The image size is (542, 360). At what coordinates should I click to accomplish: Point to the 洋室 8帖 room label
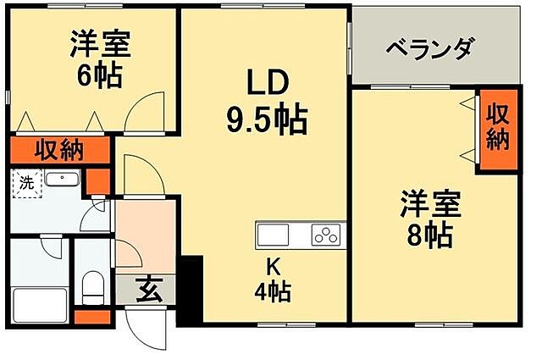point(431,219)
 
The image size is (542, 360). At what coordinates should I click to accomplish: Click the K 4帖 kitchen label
point(274,279)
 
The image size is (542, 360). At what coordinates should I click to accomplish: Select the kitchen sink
point(274,233)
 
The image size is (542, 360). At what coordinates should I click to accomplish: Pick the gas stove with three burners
point(326,233)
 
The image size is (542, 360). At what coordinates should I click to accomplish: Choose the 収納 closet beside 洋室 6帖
point(59,151)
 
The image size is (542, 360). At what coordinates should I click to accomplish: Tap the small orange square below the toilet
point(92,317)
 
